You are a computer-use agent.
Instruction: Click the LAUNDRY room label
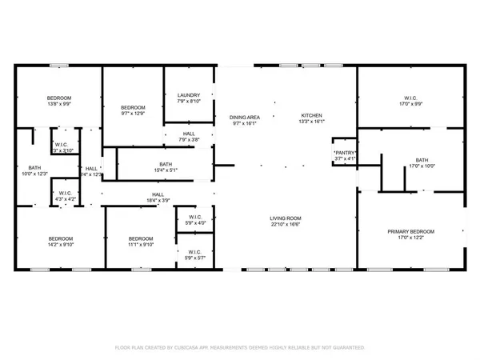[189, 95]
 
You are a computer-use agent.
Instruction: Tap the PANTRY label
[345, 152]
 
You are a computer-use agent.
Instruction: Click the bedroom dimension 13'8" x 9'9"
[59, 104]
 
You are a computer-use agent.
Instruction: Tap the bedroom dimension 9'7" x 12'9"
[133, 114]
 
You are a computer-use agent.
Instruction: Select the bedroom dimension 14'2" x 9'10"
[61, 245]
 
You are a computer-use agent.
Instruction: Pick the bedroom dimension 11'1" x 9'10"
[141, 245]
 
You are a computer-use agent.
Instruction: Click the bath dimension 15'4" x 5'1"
[163, 169]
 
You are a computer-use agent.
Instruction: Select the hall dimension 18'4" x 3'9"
[158, 200]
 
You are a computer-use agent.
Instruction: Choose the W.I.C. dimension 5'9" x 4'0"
[194, 222]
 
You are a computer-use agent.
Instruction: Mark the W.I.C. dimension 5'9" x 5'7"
[194, 258]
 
